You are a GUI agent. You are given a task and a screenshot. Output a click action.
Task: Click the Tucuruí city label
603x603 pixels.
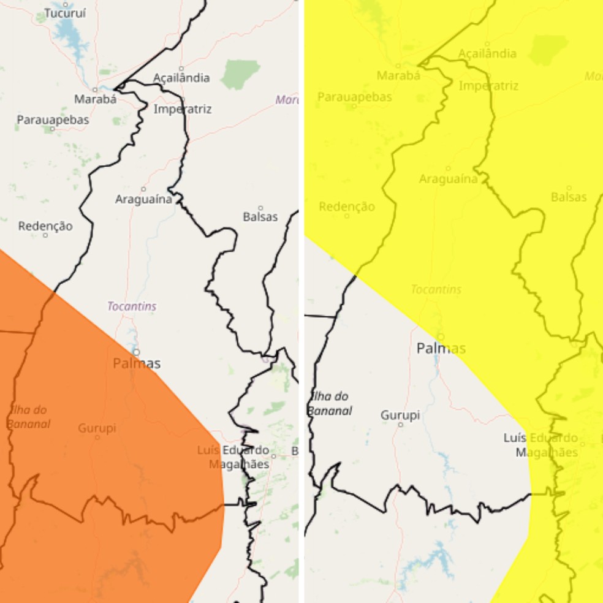point(65,13)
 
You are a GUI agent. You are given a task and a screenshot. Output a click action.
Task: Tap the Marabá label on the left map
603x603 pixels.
point(95,99)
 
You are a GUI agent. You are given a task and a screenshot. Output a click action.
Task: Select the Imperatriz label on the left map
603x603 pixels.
point(183,109)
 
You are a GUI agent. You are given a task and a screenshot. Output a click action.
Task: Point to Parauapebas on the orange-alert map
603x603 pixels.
point(53,120)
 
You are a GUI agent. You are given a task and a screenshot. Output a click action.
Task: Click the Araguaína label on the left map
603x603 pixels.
point(143,199)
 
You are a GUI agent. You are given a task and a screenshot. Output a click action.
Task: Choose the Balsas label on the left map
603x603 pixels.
point(260,217)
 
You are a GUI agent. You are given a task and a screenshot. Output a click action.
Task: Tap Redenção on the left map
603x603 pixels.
point(45,226)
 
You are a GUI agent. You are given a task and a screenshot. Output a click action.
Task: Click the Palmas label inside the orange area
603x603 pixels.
point(137,363)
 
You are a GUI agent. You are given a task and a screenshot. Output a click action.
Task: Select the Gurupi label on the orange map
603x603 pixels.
point(97,428)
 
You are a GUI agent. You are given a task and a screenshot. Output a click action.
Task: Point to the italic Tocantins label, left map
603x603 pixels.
point(132,306)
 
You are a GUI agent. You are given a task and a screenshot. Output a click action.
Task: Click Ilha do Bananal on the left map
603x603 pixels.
point(28,417)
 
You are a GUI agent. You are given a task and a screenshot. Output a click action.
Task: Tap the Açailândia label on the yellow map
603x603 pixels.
point(487,53)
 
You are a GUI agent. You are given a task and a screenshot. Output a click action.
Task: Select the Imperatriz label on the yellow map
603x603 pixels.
point(488,86)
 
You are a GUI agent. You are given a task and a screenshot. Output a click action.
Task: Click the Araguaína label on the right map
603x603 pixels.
point(448,179)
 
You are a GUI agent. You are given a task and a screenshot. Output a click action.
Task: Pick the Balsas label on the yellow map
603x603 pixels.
point(569,197)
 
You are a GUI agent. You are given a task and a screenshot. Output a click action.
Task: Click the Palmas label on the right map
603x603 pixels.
point(441,348)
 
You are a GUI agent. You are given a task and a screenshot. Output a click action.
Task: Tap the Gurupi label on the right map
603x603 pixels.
point(400,415)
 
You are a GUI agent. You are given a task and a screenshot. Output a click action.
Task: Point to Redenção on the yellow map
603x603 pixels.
point(347,207)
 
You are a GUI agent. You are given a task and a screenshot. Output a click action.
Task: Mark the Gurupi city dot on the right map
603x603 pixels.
point(401,424)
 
